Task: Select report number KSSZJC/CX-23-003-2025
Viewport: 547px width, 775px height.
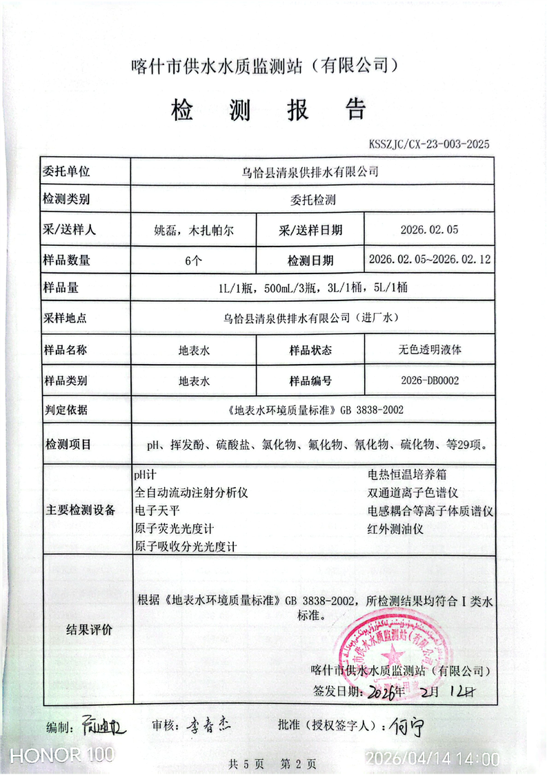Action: [x=428, y=144]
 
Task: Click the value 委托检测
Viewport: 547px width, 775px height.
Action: [x=312, y=201]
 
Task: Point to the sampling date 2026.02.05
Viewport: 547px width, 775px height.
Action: [x=429, y=230]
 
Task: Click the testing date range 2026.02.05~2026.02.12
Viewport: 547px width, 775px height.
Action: [x=429, y=260]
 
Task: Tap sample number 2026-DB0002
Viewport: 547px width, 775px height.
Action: [x=429, y=380]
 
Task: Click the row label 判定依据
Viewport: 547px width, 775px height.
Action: [x=66, y=410]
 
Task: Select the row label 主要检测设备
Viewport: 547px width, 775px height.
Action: [x=80, y=510]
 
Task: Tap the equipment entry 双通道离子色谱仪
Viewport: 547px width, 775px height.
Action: [x=413, y=493]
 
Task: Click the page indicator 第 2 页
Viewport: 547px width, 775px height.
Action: [x=298, y=764]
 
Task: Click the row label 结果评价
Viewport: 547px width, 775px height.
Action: [x=89, y=630]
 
